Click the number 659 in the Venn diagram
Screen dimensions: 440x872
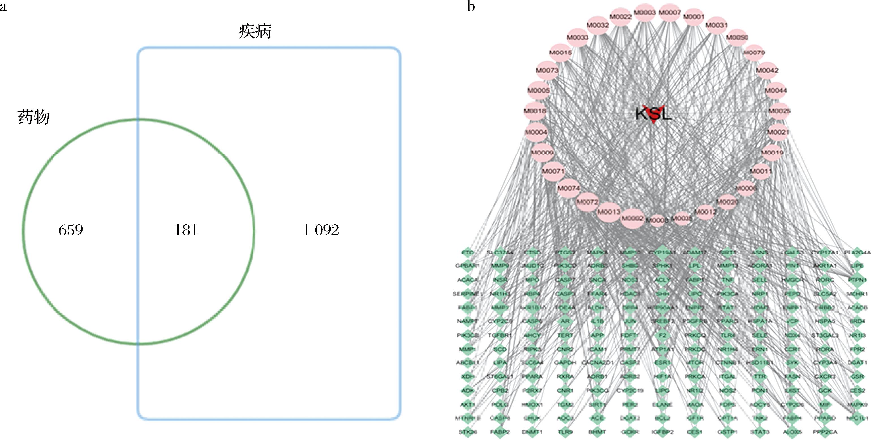tap(70, 230)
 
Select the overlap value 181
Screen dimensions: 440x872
tap(186, 230)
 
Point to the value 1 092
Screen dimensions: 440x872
tap(320, 230)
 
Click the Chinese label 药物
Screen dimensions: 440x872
tap(33, 117)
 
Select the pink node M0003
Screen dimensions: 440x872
tap(645, 13)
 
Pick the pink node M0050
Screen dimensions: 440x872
tap(737, 37)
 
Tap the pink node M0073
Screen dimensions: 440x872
tap(547, 70)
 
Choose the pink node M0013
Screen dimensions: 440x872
tap(609, 212)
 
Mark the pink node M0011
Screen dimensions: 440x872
tap(760, 172)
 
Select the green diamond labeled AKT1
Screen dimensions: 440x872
tap(467, 404)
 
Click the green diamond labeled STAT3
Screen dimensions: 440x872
tap(759, 432)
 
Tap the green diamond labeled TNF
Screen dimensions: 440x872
tap(727, 280)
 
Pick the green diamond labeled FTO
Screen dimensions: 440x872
tap(467, 252)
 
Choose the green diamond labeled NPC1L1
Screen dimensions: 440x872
tap(857, 418)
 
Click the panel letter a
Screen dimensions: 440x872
tap(3, 7)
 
